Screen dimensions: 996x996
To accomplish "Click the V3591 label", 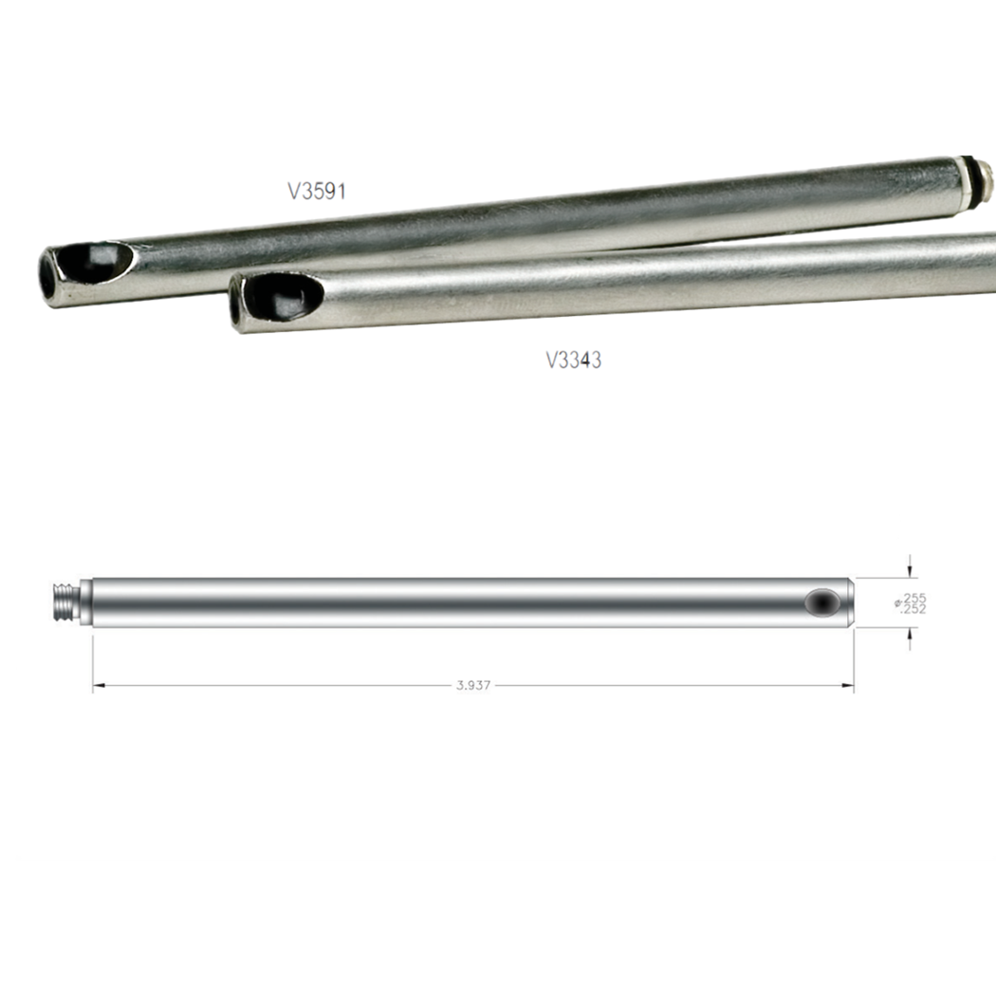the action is pos(316,192).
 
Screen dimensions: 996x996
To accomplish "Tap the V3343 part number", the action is pos(574,360).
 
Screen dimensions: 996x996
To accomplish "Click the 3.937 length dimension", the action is pos(473,686).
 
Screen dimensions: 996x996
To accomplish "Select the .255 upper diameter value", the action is pos(914,598).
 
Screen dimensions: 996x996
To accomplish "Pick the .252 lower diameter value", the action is pos(913,609).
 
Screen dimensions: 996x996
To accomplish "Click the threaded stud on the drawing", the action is pos(65,602).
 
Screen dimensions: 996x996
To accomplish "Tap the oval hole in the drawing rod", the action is pos(822,602).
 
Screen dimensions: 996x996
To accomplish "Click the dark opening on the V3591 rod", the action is pos(95,262).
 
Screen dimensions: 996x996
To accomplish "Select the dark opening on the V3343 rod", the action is pos(284,295).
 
